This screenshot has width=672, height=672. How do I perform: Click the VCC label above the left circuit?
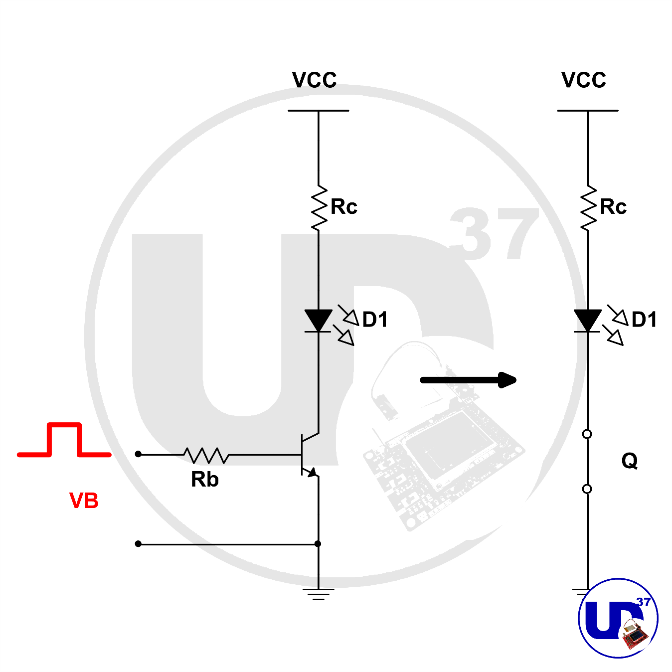click(x=314, y=80)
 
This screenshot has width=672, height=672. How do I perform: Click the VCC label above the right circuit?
click(x=583, y=80)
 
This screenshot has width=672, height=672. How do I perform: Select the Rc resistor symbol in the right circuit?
click(x=588, y=208)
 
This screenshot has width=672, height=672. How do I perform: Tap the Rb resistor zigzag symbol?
click(x=206, y=455)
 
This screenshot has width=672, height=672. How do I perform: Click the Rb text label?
click(x=204, y=480)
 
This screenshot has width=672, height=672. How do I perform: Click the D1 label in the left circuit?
click(x=375, y=320)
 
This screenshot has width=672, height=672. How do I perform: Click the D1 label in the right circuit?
click(x=644, y=320)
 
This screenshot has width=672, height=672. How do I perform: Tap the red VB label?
click(x=84, y=501)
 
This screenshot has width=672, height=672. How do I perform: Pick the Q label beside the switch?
click(x=630, y=461)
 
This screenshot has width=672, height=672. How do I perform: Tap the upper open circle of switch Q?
click(x=587, y=434)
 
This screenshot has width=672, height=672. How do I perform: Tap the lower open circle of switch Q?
click(x=587, y=489)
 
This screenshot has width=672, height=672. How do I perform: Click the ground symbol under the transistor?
click(x=318, y=593)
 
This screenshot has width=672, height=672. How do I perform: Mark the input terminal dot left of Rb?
click(x=138, y=454)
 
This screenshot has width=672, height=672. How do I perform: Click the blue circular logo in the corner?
click(x=618, y=618)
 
